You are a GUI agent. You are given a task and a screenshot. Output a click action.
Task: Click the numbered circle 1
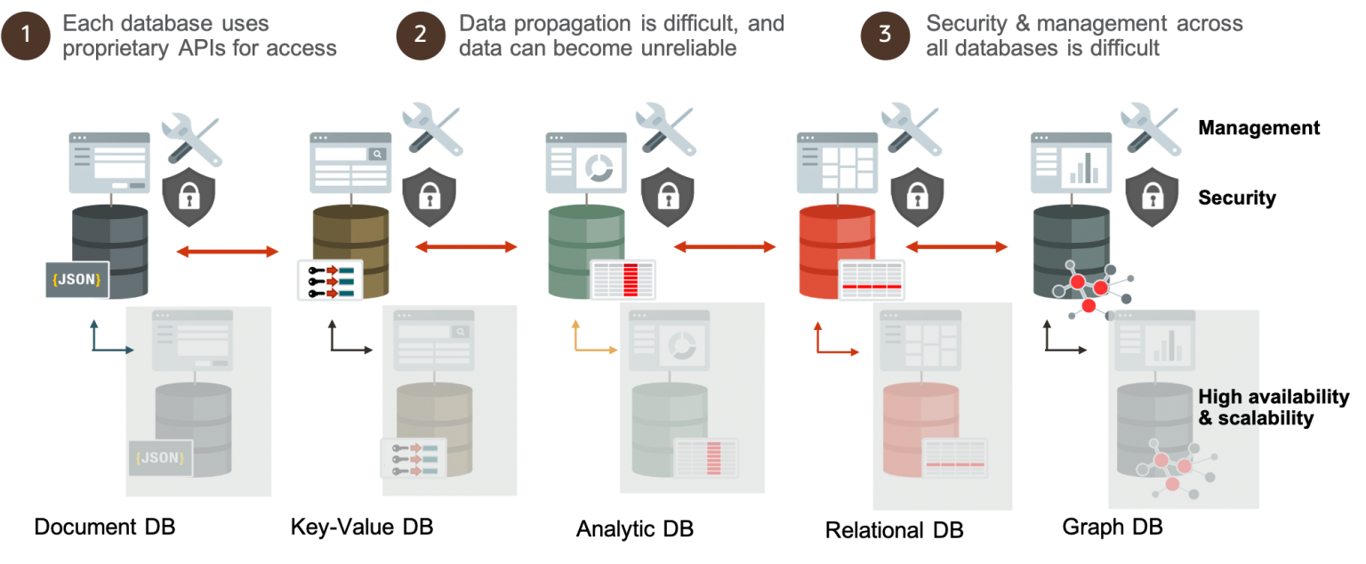pos(26,35)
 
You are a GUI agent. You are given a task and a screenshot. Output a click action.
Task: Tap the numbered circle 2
pos(421,35)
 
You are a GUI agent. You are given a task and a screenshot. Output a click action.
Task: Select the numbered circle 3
pos(885,35)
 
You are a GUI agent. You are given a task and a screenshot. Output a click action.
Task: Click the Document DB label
pos(105,527)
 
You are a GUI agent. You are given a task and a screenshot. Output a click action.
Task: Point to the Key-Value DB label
pos(362,527)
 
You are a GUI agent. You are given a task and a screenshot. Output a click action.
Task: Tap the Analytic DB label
pos(635,528)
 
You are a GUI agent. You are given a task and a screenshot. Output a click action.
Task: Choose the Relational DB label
pos(894,530)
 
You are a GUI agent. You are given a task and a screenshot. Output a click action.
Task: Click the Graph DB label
pos(1113,527)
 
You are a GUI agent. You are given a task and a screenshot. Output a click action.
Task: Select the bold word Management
pos(1258,127)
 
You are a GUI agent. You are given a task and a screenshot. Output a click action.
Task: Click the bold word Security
pos(1237,197)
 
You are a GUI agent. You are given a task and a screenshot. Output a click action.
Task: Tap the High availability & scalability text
pos(1274,407)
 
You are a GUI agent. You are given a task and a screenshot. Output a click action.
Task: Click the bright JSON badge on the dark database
pos(76,279)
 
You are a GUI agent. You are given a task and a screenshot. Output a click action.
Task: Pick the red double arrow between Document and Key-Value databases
pos(228,251)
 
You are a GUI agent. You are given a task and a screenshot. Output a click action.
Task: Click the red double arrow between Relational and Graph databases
pos(956,246)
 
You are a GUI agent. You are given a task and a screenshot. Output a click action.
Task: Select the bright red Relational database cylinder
pos(837,251)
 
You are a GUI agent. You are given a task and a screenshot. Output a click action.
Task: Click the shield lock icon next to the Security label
pos(1152,197)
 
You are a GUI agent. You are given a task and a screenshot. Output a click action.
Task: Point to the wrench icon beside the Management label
pos(1150,129)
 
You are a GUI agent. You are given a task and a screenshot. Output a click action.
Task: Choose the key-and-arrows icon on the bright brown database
pos(330,280)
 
